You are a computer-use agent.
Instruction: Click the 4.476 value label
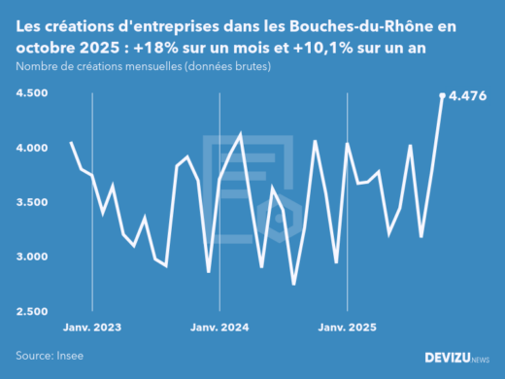[x=469, y=96]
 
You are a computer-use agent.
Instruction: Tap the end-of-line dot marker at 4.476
[x=443, y=95]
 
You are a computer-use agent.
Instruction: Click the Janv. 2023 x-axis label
[x=92, y=327]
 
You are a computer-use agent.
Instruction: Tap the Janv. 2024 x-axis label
[x=219, y=327]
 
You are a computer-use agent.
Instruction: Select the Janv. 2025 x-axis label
[x=347, y=327]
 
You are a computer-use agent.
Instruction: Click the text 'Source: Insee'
[x=50, y=356]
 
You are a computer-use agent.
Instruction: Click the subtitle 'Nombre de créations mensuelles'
[x=111, y=66]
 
